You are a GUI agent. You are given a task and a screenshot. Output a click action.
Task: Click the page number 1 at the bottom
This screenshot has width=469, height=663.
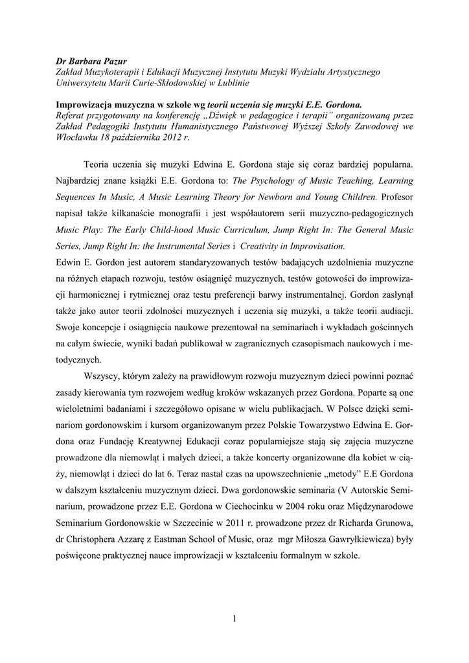234,618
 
